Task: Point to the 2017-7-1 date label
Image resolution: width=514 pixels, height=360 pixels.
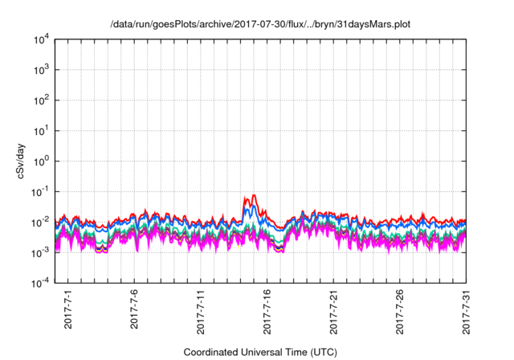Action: (x=68, y=309)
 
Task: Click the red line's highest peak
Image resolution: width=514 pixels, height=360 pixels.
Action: (x=255, y=195)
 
